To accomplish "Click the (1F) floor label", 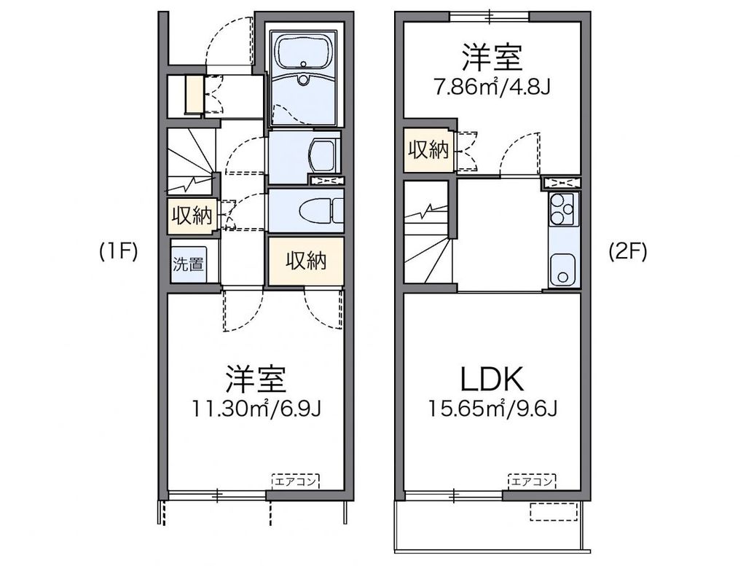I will pos(119,252).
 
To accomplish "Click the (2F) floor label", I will pos(627,252).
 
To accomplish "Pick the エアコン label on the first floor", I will pos(296,480).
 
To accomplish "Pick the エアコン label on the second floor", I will pos(531,480).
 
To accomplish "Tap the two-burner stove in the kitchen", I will pos(562,210).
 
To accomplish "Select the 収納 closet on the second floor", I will pos(428,150).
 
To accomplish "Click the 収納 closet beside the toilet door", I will pos(192,216).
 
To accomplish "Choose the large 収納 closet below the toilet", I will pos(305,260).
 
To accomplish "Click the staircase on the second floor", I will pos(428,233).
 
